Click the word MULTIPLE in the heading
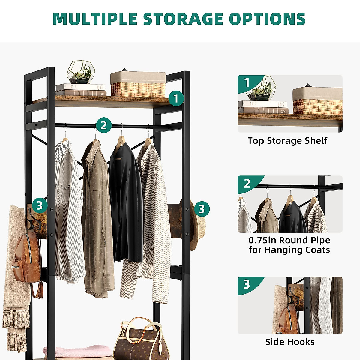[95, 19]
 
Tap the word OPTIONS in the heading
[267, 19]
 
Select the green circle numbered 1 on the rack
[176, 98]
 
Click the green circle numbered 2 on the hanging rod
[104, 125]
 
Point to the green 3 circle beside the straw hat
[202, 209]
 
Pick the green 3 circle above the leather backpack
[40, 205]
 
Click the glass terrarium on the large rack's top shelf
[81, 72]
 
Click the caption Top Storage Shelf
[287, 140]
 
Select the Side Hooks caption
[290, 342]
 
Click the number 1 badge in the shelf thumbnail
[247, 83]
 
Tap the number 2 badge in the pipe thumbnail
[247, 183]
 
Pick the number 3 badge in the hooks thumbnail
[247, 284]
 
